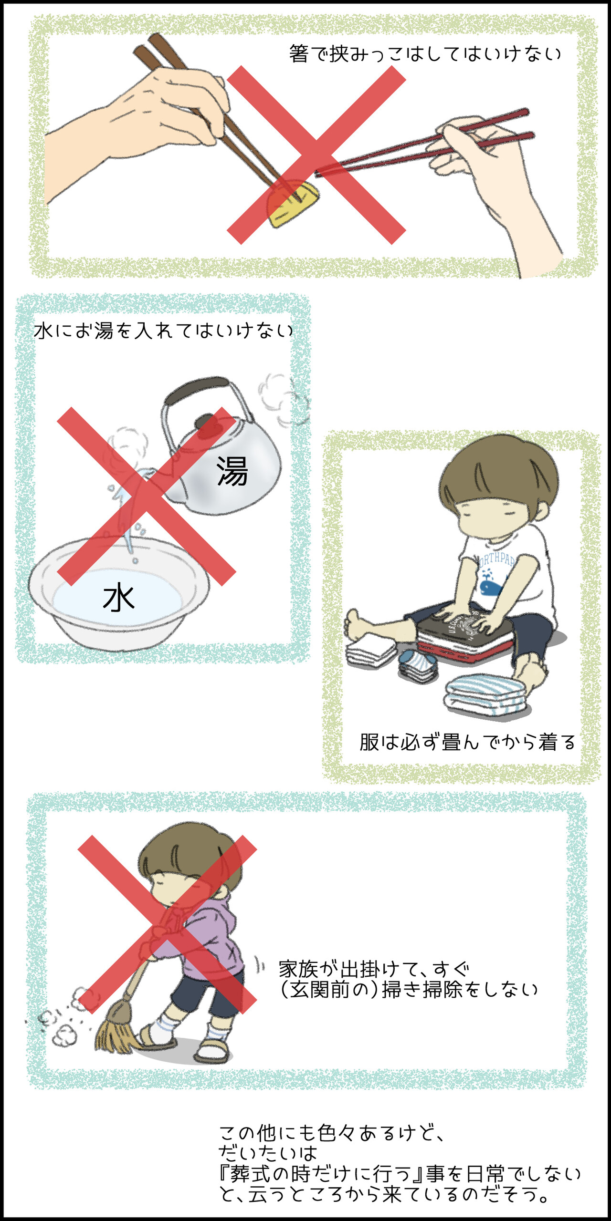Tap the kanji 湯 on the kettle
[232, 471]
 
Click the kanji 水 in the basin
[119, 598]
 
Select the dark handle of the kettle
[197, 387]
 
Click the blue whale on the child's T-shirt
[490, 585]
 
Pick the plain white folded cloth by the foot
[370, 652]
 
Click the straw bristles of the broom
[114, 1027]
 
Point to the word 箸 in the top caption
[299, 54]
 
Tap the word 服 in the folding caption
[369, 742]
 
